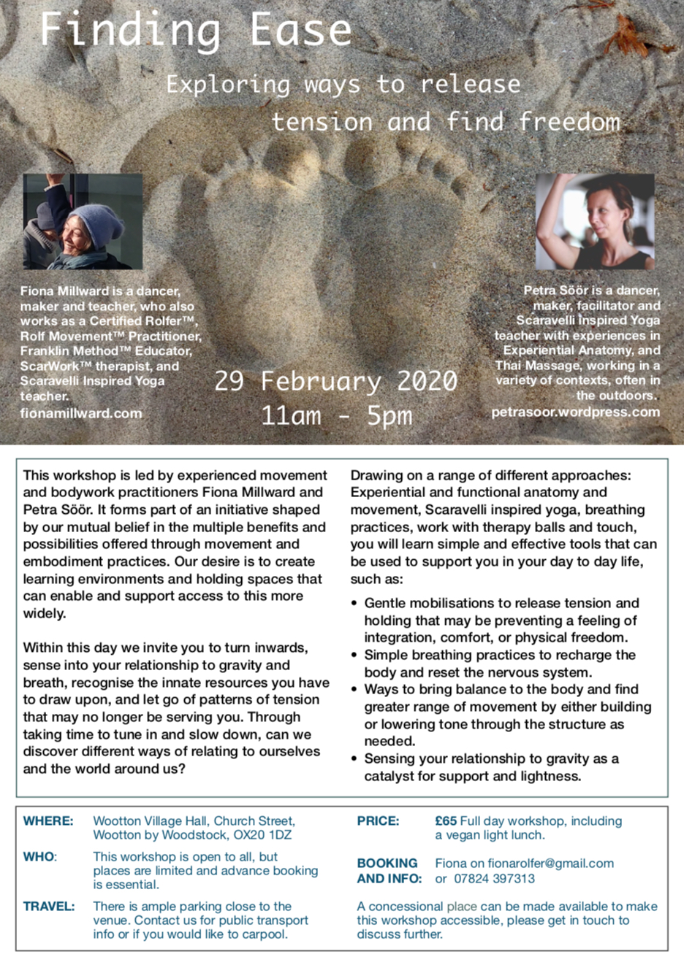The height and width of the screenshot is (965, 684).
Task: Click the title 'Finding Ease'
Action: tap(196, 31)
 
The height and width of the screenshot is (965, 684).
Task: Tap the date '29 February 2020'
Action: tap(335, 381)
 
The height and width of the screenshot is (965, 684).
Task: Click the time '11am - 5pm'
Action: tap(336, 415)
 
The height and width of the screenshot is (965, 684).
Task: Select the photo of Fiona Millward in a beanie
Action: tap(83, 222)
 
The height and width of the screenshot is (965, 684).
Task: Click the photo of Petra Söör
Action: tap(595, 221)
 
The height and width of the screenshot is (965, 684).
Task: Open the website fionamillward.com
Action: tap(81, 413)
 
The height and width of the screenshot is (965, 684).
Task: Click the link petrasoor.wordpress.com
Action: tap(575, 412)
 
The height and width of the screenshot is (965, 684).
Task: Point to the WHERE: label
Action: tap(48, 821)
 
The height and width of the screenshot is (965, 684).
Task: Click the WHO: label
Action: tap(40, 857)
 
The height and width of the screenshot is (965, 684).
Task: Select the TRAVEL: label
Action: tap(49, 907)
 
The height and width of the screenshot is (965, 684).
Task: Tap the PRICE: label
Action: tap(378, 821)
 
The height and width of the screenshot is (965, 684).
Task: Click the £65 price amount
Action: tap(446, 821)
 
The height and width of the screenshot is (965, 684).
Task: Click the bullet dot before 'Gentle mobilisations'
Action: tap(354, 604)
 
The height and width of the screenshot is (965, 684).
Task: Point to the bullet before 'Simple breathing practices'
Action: tap(354, 655)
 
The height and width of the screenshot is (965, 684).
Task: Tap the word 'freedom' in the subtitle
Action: tap(569, 121)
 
